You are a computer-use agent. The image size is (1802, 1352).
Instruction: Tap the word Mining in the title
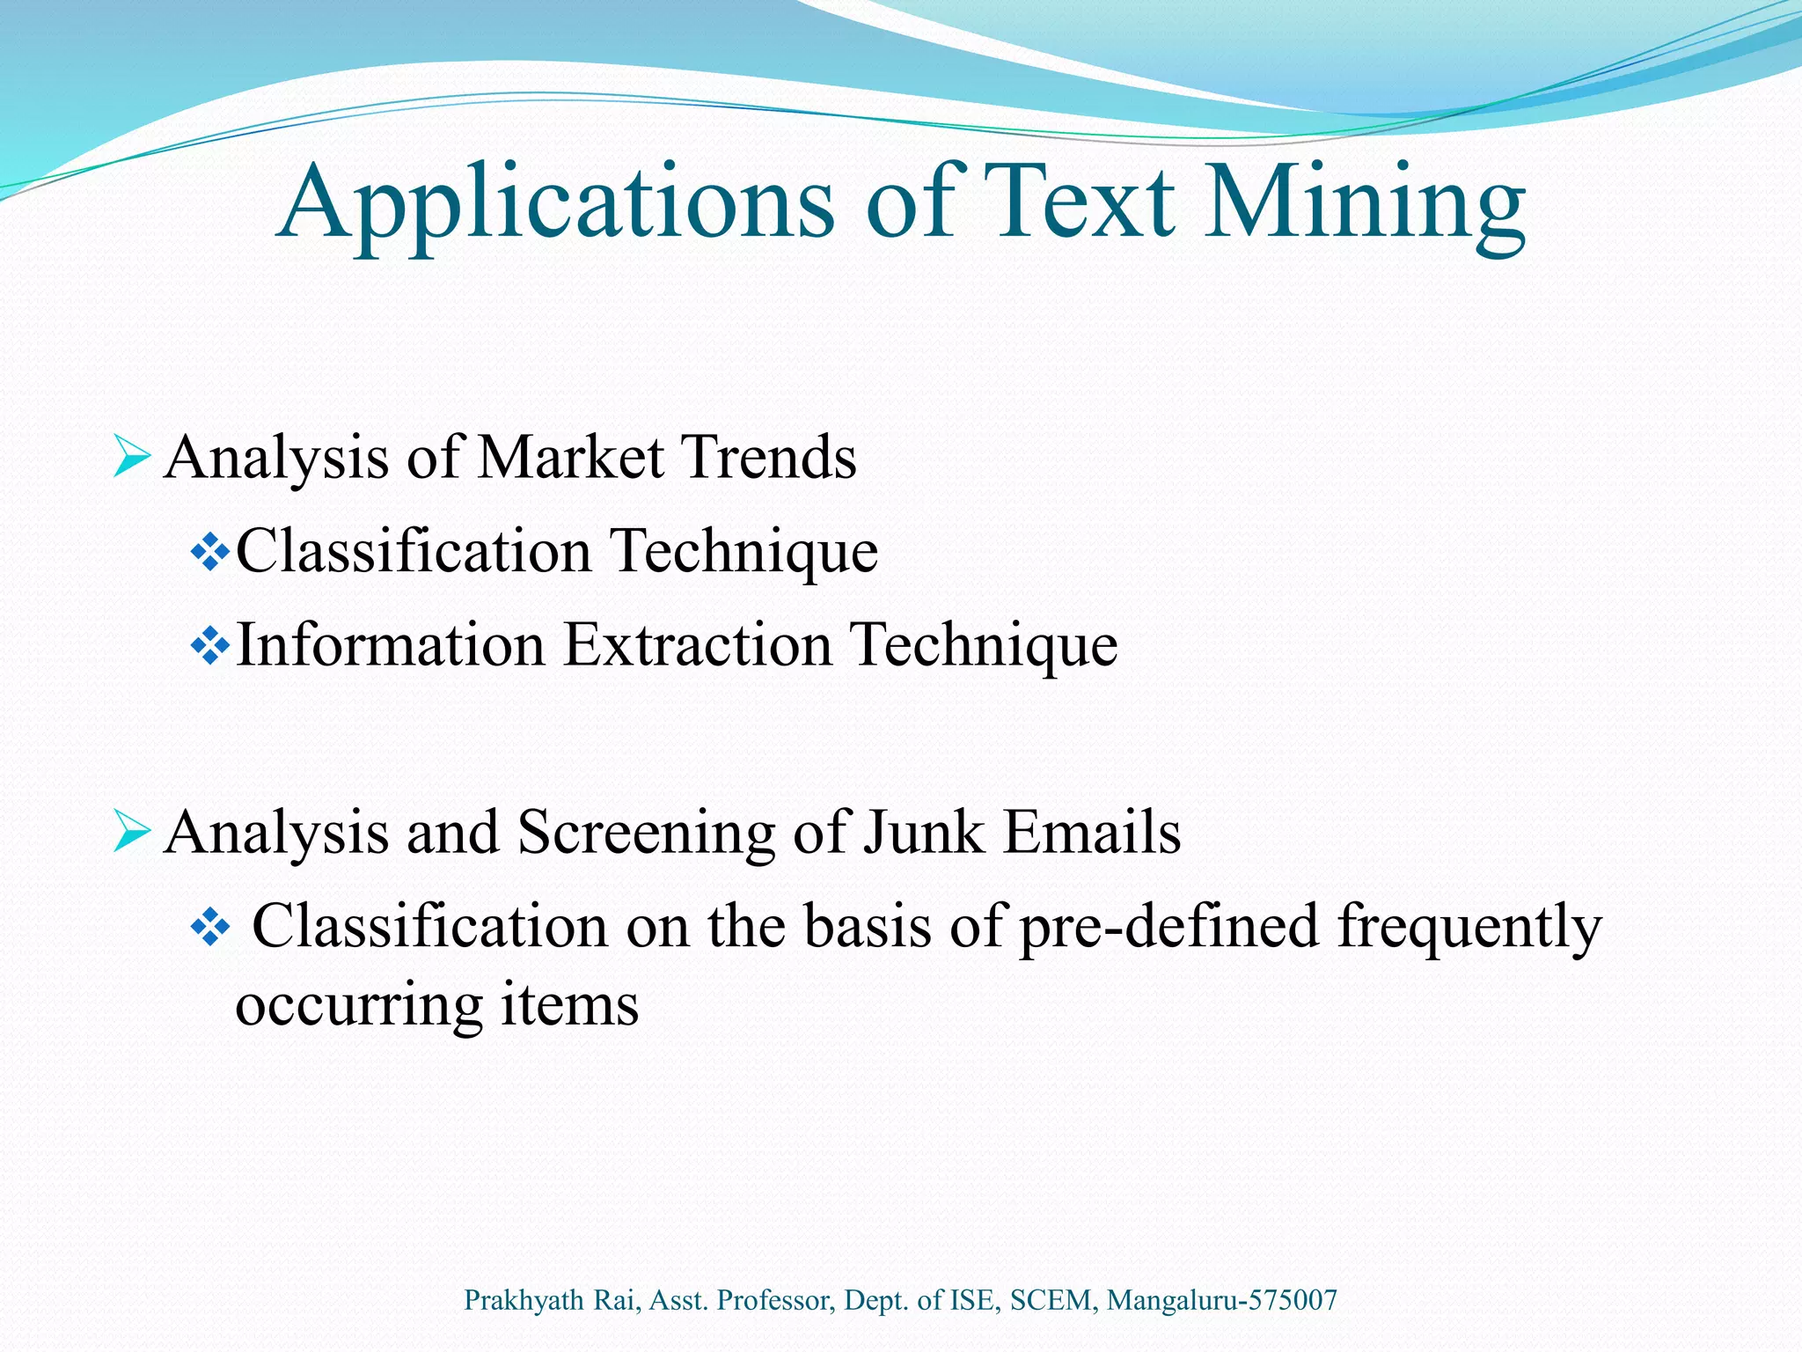click(x=1364, y=204)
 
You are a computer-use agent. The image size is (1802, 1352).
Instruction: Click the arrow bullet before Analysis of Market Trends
click(x=131, y=458)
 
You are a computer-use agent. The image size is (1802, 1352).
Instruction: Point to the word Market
click(x=571, y=458)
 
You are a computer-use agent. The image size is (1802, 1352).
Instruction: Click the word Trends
click(x=769, y=458)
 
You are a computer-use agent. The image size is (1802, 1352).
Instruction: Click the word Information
click(x=391, y=645)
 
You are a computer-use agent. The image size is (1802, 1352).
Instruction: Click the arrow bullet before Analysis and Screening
click(x=131, y=833)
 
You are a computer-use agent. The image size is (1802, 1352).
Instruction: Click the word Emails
click(x=1092, y=833)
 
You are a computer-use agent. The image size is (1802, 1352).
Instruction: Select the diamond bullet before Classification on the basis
click(x=209, y=929)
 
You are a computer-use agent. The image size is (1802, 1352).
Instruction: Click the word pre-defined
click(x=1169, y=929)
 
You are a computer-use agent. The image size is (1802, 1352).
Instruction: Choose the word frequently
click(x=1469, y=929)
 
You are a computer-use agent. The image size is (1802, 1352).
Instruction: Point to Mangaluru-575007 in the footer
click(x=1222, y=1300)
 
